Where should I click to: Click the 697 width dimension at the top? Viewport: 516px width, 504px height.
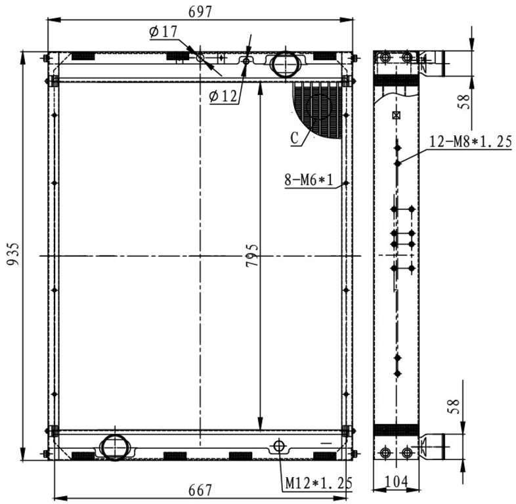(200, 12)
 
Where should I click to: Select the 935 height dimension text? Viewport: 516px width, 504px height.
(14, 254)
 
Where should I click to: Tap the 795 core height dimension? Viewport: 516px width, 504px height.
(252, 255)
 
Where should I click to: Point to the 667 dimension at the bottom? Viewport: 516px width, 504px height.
(200, 490)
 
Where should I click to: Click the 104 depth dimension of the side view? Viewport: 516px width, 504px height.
(397, 482)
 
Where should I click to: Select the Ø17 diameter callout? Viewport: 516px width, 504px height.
(163, 32)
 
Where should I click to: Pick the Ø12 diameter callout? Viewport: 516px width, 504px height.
(223, 96)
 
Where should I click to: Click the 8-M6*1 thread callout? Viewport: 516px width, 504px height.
(309, 180)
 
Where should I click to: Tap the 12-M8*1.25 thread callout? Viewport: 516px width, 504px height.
(471, 142)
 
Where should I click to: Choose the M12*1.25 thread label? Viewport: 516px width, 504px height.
(318, 483)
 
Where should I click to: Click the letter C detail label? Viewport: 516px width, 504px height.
(295, 138)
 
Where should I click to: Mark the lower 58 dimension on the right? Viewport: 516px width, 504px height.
(453, 406)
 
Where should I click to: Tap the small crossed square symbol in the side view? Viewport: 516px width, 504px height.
(397, 115)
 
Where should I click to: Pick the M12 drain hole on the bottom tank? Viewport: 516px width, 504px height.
(279, 446)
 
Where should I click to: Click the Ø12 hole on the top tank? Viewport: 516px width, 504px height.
(246, 61)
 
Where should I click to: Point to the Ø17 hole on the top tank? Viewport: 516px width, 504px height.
(200, 58)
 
